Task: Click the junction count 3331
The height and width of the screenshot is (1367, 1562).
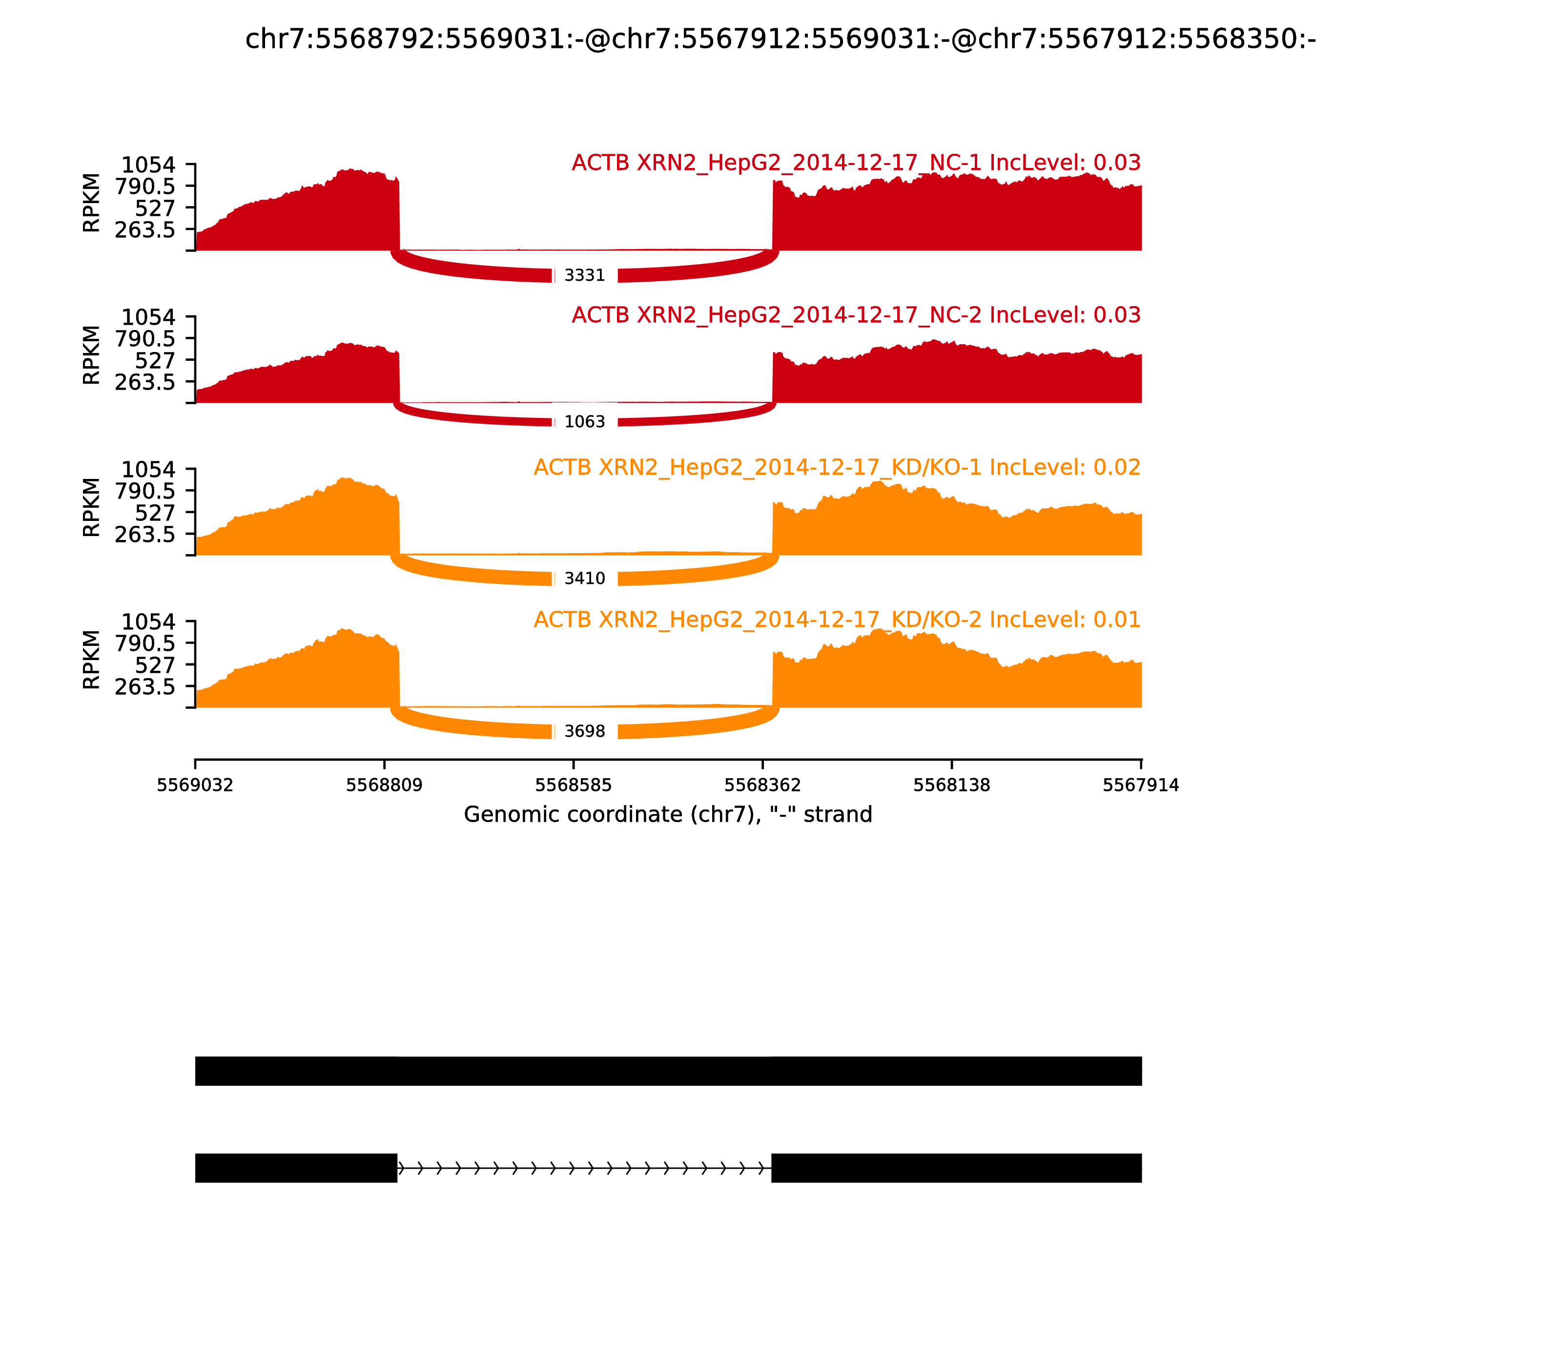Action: pyautogui.click(x=584, y=275)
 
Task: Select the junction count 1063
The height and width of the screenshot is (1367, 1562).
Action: pyautogui.click(x=584, y=422)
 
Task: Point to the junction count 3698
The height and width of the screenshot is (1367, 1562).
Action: pyautogui.click(x=584, y=731)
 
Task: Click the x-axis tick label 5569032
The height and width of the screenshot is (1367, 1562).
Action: pyautogui.click(x=195, y=786)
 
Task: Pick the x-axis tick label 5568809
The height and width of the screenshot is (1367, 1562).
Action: pyautogui.click(x=385, y=786)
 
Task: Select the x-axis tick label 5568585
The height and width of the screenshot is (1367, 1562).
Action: pyautogui.click(x=574, y=786)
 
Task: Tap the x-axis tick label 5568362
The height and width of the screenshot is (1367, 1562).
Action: pyautogui.click(x=762, y=786)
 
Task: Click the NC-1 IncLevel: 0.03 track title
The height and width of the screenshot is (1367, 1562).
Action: pyautogui.click(x=856, y=163)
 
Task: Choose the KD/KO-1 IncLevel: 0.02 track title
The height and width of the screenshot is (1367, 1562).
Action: pyautogui.click(x=837, y=468)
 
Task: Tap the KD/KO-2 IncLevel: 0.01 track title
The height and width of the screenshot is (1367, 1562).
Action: pyautogui.click(x=837, y=620)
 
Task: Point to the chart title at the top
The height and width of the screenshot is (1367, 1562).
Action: pyautogui.click(x=780, y=40)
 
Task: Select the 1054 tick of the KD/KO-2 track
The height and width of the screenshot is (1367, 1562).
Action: pyautogui.click(x=149, y=621)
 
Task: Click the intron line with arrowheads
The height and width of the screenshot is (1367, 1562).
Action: pyautogui.click(x=584, y=1168)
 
